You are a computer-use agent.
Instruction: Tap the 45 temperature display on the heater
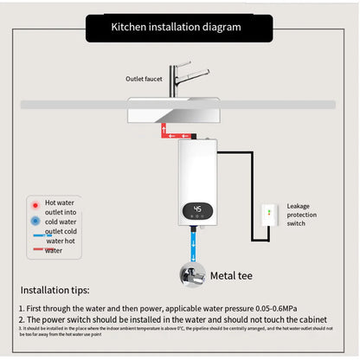point(198,209)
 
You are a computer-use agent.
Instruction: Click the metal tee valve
point(193,275)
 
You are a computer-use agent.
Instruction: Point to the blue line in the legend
point(37,235)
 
